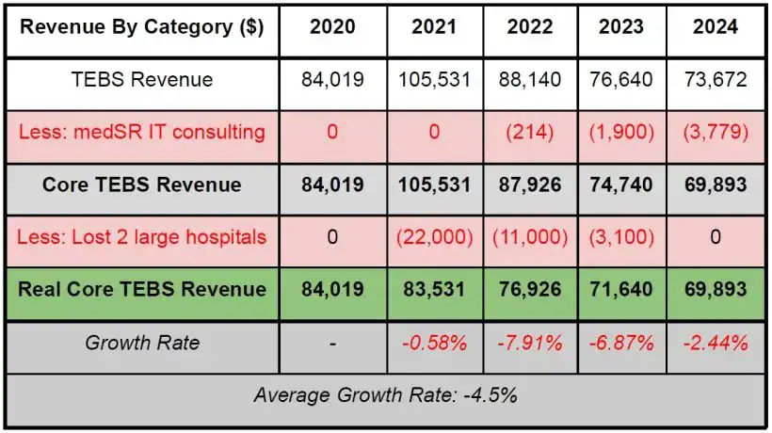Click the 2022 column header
tap(530, 27)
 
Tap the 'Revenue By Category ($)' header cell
tap(142, 27)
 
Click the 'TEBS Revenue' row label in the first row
tap(142, 80)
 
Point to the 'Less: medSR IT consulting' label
tap(142, 132)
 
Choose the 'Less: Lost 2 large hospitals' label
tap(142, 236)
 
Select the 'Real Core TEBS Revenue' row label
tap(142, 289)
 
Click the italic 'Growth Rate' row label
tap(142, 343)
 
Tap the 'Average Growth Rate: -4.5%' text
tap(385, 395)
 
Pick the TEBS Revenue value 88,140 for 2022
tap(530, 80)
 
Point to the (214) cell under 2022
tap(530, 132)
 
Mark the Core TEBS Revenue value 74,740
tap(622, 184)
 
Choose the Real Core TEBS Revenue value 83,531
tap(433, 289)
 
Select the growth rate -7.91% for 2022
tap(530, 343)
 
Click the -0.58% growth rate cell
tap(433, 343)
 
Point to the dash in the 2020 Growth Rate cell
tap(332, 343)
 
